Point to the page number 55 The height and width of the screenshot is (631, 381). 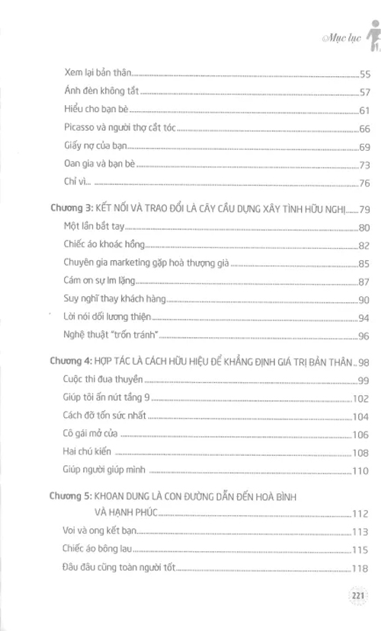pyautogui.click(x=363, y=74)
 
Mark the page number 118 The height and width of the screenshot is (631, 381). pyautogui.click(x=360, y=568)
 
